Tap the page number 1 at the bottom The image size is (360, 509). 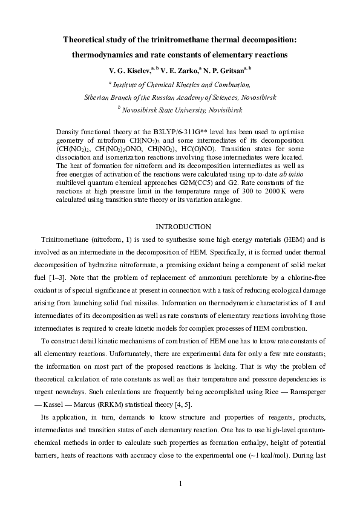pos(180,484)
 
